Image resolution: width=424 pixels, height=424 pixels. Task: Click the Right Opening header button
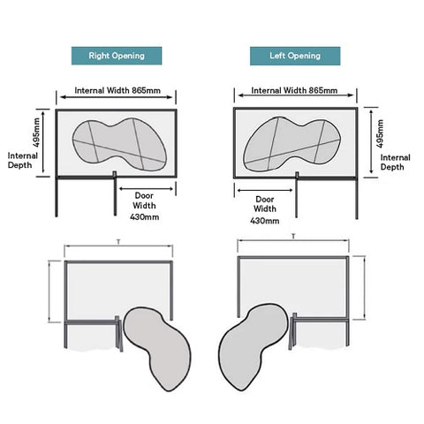[x=117, y=56]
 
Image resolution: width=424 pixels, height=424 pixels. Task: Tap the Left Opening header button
[x=295, y=56]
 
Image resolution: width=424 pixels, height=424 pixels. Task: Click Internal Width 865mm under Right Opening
[x=117, y=90]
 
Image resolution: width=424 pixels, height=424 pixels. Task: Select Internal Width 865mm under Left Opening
[x=294, y=90]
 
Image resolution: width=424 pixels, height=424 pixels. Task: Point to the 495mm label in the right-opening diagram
[x=36, y=132]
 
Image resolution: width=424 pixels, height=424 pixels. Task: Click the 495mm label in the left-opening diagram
[x=380, y=133]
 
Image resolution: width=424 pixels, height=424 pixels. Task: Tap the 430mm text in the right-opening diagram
[x=145, y=217]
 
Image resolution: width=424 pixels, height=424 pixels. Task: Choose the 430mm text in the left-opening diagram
[x=265, y=221]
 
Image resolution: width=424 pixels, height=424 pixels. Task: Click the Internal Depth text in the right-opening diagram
[x=23, y=160]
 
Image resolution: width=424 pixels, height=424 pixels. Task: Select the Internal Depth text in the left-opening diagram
[x=395, y=162]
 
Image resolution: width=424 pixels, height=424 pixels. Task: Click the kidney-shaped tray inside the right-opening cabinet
[x=119, y=144]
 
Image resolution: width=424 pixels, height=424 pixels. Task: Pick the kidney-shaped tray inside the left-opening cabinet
[x=291, y=144]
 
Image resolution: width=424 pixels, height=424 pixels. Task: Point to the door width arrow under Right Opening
[x=147, y=189]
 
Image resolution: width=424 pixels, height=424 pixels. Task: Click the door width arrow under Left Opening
[x=265, y=190]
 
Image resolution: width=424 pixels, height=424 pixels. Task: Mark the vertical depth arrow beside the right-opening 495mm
[x=43, y=142]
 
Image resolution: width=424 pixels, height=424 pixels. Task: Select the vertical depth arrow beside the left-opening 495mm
[x=371, y=141]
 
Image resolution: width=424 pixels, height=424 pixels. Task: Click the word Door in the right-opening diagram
[x=144, y=195]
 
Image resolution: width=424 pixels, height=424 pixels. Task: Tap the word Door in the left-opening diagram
[x=265, y=199]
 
